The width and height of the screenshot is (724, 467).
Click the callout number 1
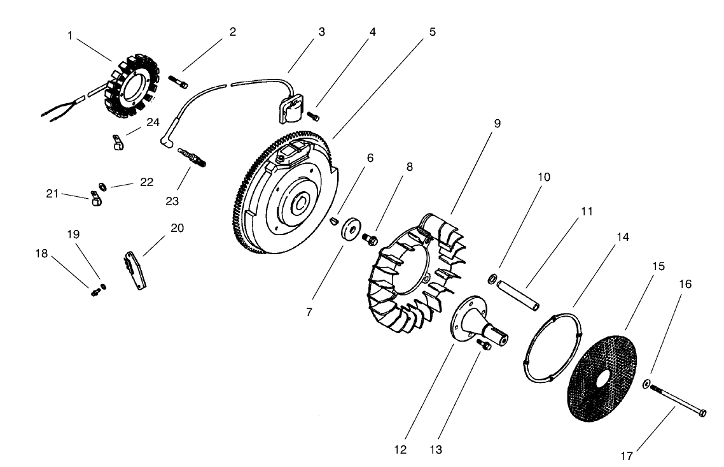[70, 36]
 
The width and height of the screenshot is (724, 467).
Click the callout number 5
[433, 31]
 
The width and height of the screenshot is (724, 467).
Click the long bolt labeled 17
[674, 399]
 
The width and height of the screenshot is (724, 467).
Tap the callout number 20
[178, 227]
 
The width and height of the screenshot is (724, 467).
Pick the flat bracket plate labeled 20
[137, 271]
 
